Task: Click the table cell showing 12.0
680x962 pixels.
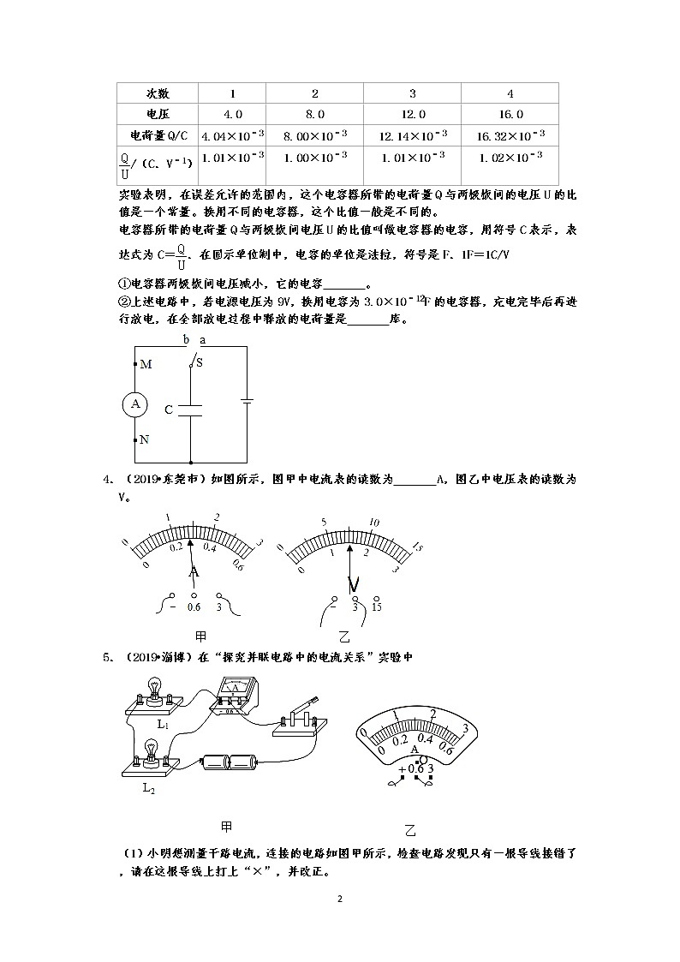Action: pos(413,114)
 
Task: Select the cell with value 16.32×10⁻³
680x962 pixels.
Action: pos(510,135)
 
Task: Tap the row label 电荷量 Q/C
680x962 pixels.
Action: pos(158,135)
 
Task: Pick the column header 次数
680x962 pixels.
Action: pos(158,93)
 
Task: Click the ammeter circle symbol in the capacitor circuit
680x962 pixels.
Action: pos(135,403)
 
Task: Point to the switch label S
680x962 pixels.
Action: pos(200,362)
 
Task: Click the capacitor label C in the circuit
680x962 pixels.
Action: pos(169,409)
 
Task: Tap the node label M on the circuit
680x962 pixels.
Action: pos(146,364)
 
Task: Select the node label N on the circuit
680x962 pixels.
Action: pos(144,439)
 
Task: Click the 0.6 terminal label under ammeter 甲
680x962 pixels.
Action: pos(194,606)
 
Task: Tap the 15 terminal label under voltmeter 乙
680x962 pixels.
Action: pos(377,606)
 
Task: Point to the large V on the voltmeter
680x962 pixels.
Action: pos(353,585)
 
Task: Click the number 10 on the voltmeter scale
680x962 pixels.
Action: pos(374,522)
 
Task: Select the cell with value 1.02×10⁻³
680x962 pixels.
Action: pos(510,158)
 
